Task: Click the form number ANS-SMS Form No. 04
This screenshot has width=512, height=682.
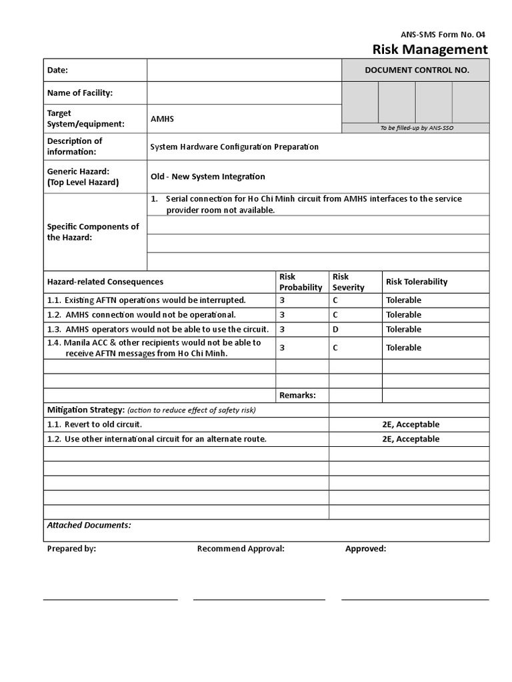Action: coord(449,34)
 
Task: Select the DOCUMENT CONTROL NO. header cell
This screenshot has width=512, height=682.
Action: coord(417,70)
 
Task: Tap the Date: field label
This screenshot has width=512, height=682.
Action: coord(57,70)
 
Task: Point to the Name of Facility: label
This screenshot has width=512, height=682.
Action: coord(79,93)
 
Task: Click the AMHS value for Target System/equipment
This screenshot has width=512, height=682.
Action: coord(162,119)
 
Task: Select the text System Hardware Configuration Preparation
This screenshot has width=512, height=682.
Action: coord(235,147)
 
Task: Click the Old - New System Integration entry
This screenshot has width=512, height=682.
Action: coord(207,176)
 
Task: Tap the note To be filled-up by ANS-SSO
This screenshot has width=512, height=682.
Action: coord(417,128)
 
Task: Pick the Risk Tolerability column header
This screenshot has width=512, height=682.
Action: coord(417,282)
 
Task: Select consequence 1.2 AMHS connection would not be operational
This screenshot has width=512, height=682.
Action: coord(141,314)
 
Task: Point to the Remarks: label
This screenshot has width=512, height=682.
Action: coord(297,395)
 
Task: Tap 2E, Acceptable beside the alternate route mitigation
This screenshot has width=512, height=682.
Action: coord(411,439)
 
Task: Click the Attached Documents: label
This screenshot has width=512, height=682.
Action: coord(89,525)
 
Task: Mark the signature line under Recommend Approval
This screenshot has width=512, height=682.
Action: coord(259,599)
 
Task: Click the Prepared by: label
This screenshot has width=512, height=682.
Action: coord(71,549)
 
